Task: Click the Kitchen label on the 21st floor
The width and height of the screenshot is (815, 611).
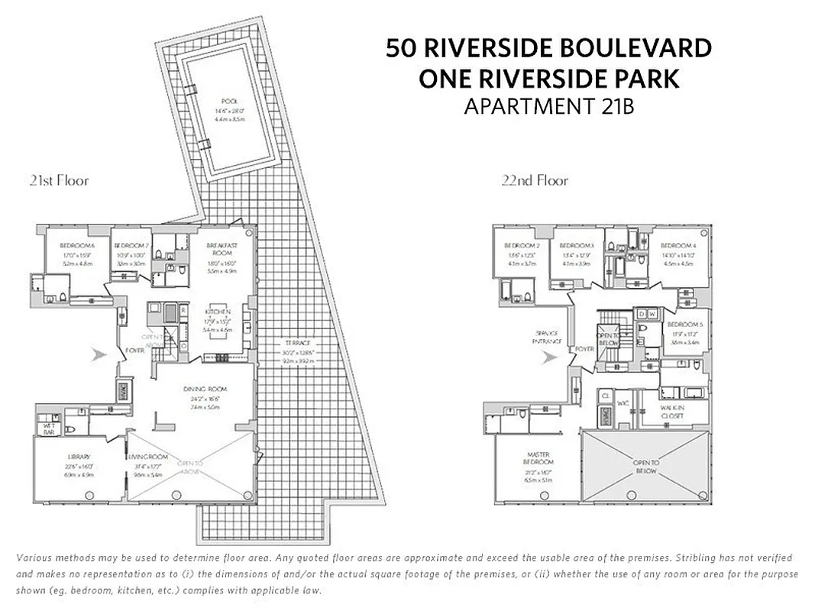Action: (218, 312)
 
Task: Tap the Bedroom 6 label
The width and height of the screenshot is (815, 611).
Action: (78, 246)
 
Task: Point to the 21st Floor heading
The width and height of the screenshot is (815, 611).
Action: (59, 181)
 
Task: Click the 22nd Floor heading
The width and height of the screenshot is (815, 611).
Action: (535, 181)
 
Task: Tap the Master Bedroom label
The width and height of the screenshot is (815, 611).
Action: (538, 458)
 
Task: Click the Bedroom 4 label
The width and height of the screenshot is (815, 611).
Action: (678, 245)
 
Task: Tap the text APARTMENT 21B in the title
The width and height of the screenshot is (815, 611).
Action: (548, 107)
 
